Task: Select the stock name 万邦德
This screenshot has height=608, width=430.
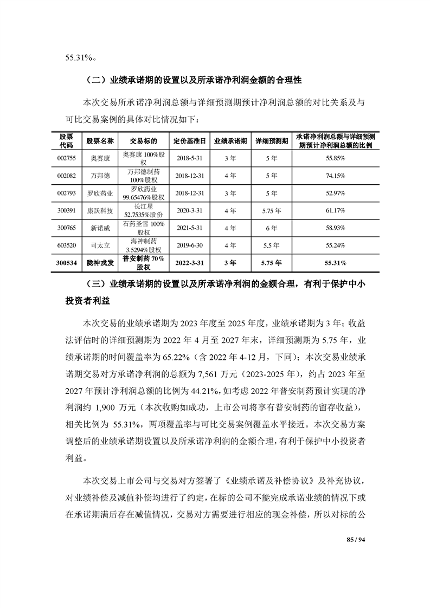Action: [100, 176]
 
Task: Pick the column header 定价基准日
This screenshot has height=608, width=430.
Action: [189, 140]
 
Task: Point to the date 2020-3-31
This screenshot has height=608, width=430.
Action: [189, 210]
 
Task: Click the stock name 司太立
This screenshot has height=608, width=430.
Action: [100, 245]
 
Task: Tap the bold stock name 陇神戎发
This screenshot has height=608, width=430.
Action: [100, 263]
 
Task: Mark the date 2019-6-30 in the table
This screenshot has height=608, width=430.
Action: [189, 245]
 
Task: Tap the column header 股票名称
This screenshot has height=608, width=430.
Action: [100, 140]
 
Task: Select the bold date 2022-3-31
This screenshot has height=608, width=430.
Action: [189, 263]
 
